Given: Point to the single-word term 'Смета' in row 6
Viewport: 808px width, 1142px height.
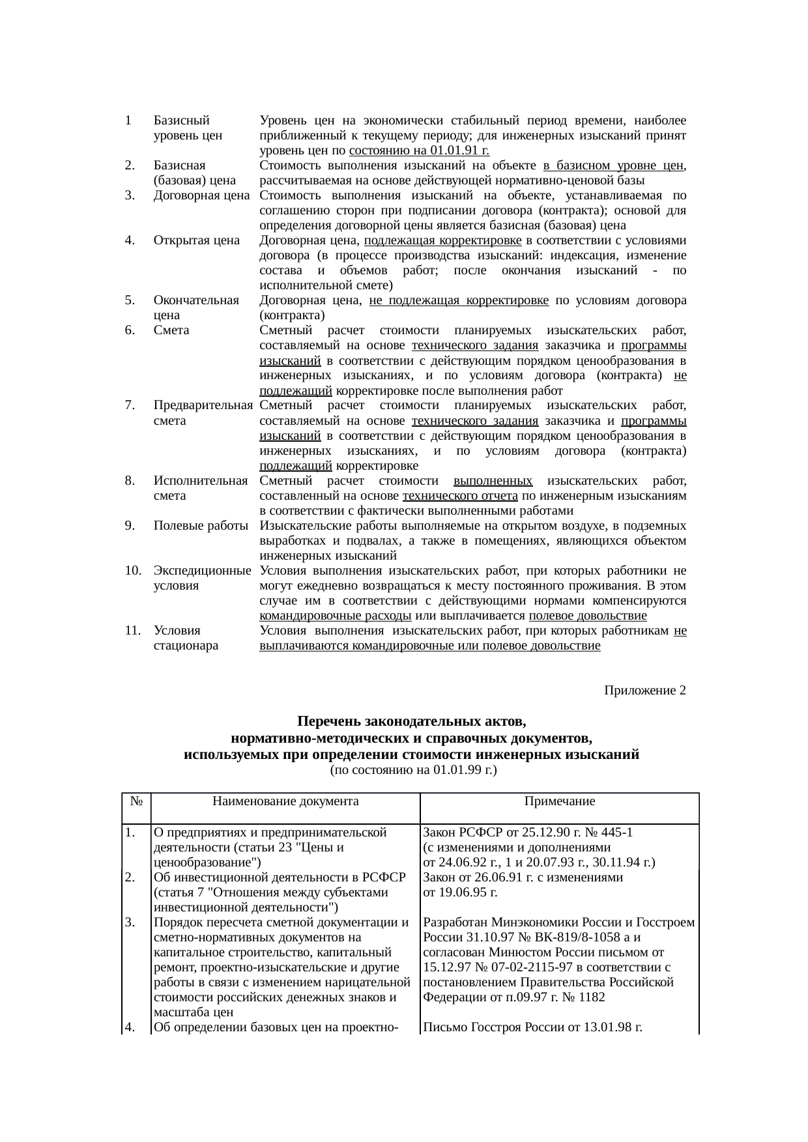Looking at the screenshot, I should (171, 330).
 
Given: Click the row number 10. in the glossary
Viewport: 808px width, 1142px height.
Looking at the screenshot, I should (132, 571).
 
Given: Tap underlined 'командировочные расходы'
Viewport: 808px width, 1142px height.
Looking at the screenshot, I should (335, 616).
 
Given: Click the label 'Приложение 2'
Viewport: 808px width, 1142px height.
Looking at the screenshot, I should (644, 690).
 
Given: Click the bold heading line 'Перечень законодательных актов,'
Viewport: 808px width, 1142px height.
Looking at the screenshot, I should (411, 722).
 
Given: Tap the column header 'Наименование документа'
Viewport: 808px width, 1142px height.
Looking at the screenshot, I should (285, 801).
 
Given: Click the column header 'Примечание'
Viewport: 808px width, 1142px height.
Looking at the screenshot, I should (559, 801).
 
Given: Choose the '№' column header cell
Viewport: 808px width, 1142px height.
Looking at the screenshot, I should (136, 801).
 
